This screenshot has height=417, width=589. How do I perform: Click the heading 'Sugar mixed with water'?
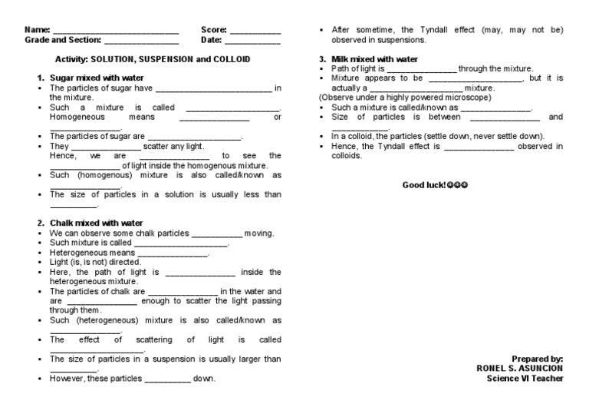[x=97, y=78]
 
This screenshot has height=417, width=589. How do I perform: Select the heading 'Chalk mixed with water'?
[x=97, y=223]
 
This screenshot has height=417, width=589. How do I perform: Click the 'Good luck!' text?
[x=423, y=186]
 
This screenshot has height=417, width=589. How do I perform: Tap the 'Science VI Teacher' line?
[x=525, y=379]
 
